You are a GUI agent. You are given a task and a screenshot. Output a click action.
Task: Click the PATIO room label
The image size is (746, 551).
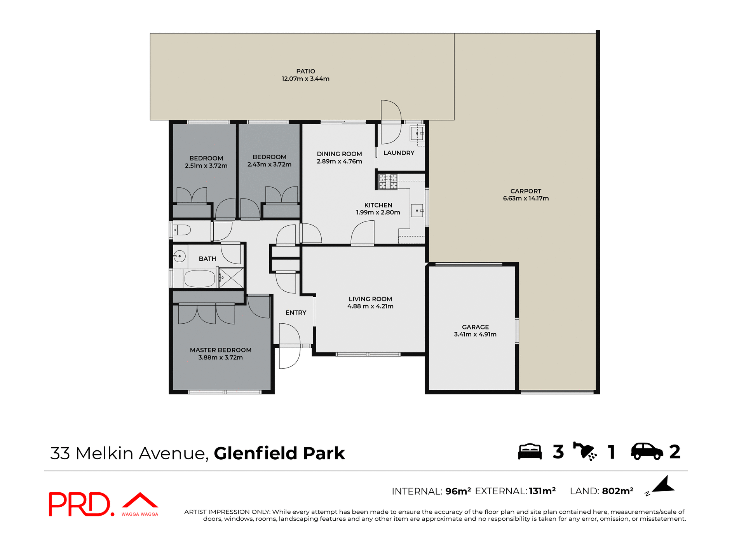click(x=305, y=71)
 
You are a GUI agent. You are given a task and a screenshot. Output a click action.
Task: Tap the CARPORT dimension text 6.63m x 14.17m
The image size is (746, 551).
click(x=526, y=199)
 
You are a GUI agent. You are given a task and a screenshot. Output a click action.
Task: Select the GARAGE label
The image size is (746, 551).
click(x=475, y=327)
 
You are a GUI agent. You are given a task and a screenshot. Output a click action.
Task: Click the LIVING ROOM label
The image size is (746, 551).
click(x=370, y=299)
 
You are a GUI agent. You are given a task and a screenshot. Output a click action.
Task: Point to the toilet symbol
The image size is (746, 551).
click(x=182, y=230)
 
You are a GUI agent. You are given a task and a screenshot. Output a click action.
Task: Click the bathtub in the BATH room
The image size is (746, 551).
click(x=199, y=279)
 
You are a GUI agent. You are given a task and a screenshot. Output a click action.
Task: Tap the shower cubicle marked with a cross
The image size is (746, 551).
click(x=232, y=278)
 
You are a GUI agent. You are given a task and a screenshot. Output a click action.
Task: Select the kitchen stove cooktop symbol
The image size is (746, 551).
click(x=388, y=182)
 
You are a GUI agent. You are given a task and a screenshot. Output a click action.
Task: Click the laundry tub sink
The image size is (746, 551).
click(x=417, y=134)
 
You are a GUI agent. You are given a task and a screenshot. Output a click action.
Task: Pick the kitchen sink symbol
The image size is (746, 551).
click(x=417, y=211)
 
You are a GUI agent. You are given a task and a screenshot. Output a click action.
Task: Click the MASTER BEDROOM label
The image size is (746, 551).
click(x=220, y=350)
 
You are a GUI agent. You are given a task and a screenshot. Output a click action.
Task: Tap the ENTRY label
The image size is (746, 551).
click(x=296, y=313)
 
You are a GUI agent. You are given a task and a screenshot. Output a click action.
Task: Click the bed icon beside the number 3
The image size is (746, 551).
click(x=530, y=452)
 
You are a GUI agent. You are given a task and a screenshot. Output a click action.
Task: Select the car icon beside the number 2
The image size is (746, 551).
click(x=647, y=452)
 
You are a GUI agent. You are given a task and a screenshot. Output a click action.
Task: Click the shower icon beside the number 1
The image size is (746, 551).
click(x=585, y=452)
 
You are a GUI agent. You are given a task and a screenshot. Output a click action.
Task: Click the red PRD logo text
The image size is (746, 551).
click(x=80, y=504)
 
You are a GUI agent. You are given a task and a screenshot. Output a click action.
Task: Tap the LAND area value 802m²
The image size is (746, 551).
click(x=617, y=491)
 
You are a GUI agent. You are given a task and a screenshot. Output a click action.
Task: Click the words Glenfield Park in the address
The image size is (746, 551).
click(x=279, y=453)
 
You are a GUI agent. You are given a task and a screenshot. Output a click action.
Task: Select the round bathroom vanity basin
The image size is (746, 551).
click(x=180, y=256)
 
